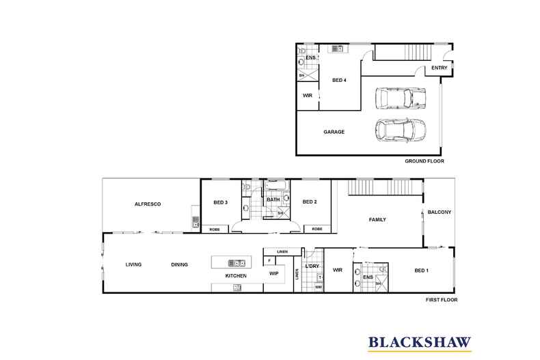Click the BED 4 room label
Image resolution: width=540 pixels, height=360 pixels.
339,80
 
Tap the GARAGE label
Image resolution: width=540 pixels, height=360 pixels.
334,132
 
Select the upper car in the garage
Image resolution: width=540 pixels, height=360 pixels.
400,98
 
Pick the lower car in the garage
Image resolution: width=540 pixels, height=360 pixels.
400,130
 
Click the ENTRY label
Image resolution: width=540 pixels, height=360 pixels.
440,68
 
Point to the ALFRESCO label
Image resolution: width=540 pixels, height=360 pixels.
148,204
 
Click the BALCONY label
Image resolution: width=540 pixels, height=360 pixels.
439,212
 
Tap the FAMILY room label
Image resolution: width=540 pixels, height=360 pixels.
377,219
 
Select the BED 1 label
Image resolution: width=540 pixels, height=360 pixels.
422,271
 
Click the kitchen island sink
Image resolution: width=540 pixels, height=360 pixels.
237,263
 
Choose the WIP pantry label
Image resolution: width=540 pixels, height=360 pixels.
274,274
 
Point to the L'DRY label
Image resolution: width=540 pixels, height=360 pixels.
312,266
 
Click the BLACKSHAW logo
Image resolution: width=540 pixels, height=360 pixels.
420,343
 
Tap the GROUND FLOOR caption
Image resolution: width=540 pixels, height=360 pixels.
424,161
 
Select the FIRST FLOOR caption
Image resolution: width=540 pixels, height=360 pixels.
442,300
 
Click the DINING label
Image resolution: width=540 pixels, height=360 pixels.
179,264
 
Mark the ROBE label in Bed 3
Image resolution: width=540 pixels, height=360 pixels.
215,230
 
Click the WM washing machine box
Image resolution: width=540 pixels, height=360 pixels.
319,287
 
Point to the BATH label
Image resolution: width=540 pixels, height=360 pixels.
273,199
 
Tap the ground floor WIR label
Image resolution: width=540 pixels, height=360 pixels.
308,96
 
